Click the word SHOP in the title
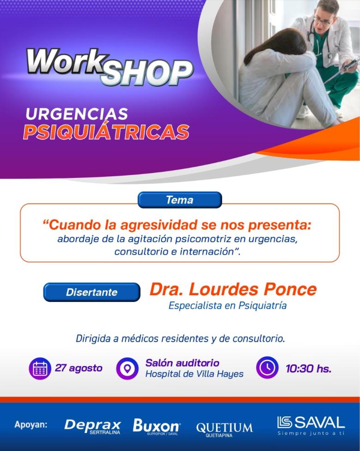point(147,72)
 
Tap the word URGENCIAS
point(77,114)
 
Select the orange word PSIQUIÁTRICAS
point(106,132)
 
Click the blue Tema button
point(180,200)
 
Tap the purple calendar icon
point(40,368)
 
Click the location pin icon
point(127,368)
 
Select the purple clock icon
point(267,368)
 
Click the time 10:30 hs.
point(308,368)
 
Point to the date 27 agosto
point(79,368)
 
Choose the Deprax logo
point(93,426)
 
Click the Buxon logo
point(156,426)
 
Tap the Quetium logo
point(224,430)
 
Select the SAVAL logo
point(311,425)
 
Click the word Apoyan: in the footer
point(31,425)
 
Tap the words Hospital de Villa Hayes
point(194,374)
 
